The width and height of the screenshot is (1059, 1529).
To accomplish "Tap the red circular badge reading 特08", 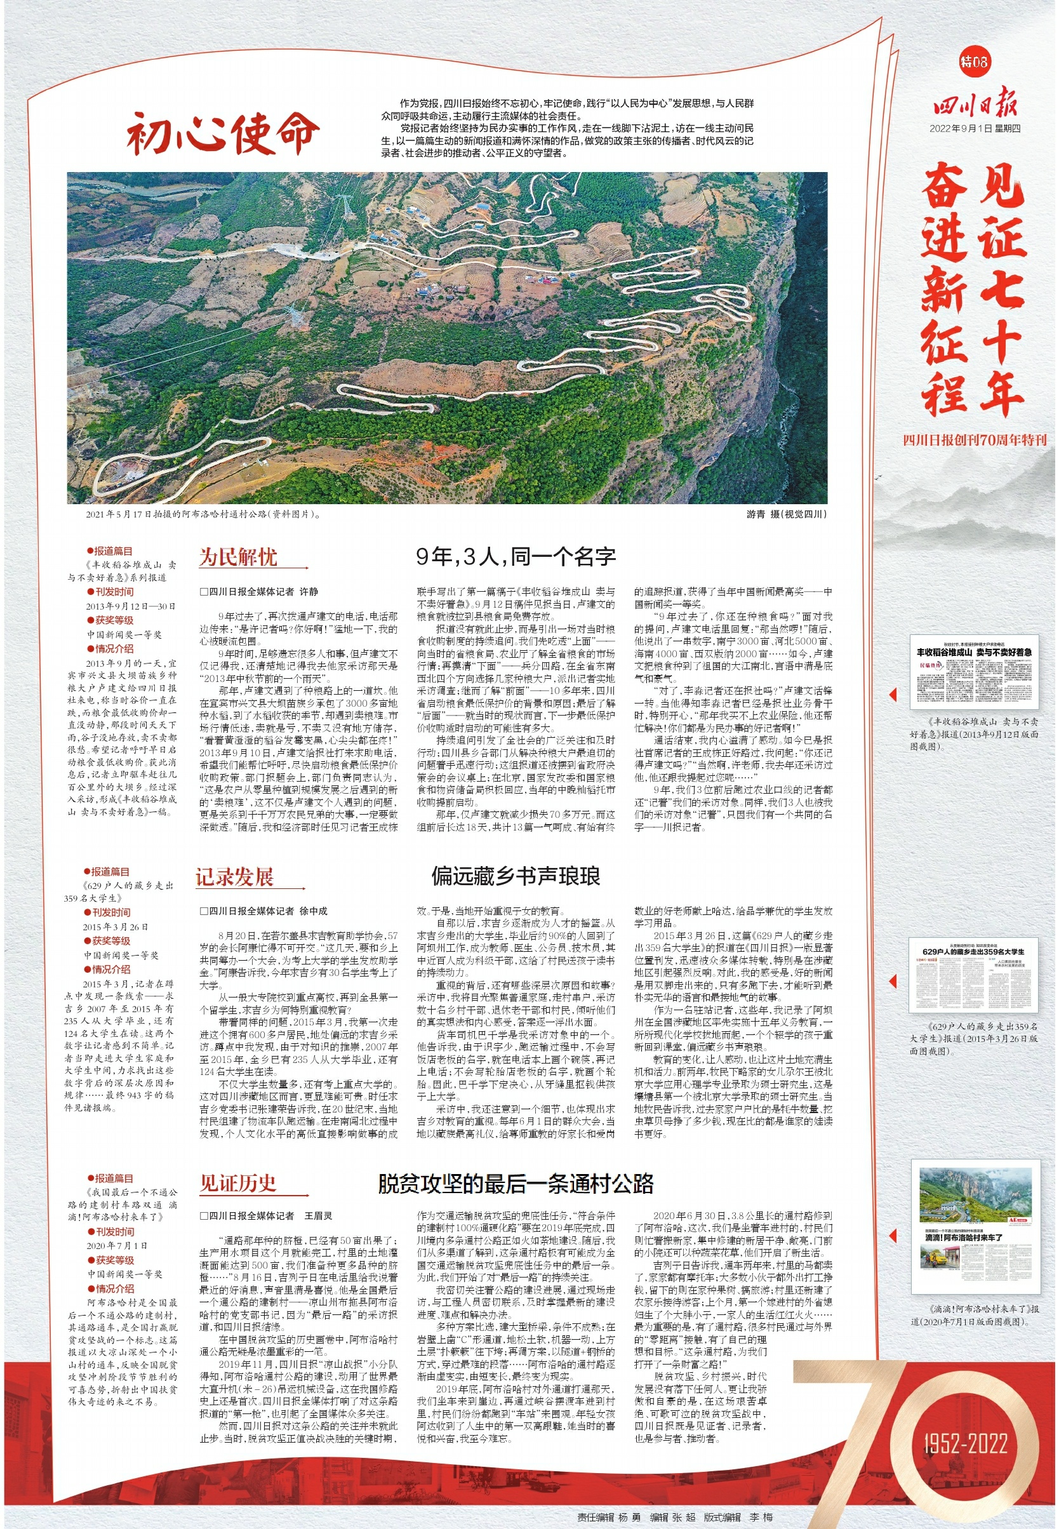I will [x=974, y=62].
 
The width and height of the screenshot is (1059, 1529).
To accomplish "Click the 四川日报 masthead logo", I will [x=975, y=103].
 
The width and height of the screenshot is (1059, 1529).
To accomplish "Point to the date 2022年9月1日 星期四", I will [x=975, y=129].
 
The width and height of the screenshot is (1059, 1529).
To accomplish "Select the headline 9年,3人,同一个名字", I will [x=516, y=556].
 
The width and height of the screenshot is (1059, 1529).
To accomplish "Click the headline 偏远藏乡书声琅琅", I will [x=516, y=876].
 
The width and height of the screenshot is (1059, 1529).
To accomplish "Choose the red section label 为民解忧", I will [x=238, y=557].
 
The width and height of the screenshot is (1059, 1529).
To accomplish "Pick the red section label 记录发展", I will [x=234, y=877].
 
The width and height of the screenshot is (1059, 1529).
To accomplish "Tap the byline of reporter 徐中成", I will [x=264, y=911].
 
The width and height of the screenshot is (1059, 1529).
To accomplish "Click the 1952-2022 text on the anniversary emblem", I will [x=965, y=1443].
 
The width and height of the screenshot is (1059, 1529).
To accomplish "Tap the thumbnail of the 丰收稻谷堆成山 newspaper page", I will [x=974, y=672].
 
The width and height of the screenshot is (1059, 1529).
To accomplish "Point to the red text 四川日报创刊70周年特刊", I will [x=974, y=439].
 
